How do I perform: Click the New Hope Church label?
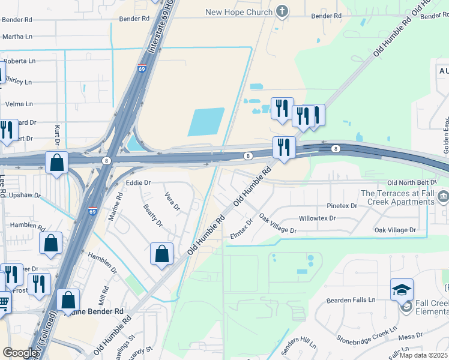click(238, 12)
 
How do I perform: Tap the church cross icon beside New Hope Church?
click(282, 11)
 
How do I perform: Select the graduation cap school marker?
click(402, 290)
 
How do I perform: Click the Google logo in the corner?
click(20, 353)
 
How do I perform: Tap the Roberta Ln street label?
click(19, 61)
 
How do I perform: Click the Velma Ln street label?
click(19, 104)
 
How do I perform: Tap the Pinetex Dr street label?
click(342, 206)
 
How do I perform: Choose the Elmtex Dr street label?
click(242, 229)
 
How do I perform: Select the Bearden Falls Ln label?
click(351, 299)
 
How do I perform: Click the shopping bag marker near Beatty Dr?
click(162, 254)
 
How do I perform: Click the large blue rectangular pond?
click(206, 122)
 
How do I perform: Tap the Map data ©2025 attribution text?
click(423, 355)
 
